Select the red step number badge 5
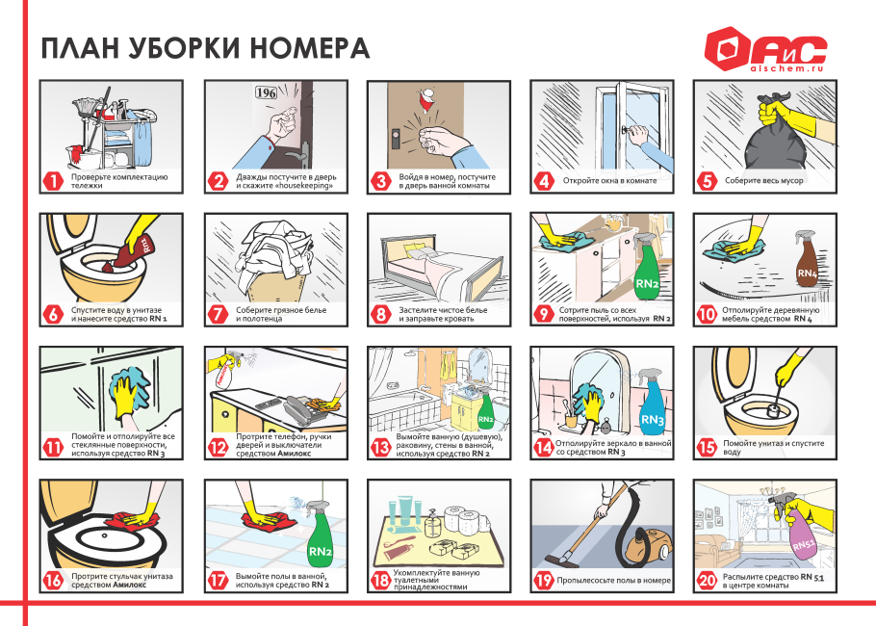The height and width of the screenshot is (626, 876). click(707, 180)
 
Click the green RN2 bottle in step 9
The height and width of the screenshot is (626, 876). click(647, 274)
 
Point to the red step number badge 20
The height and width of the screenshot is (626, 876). click(707, 581)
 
